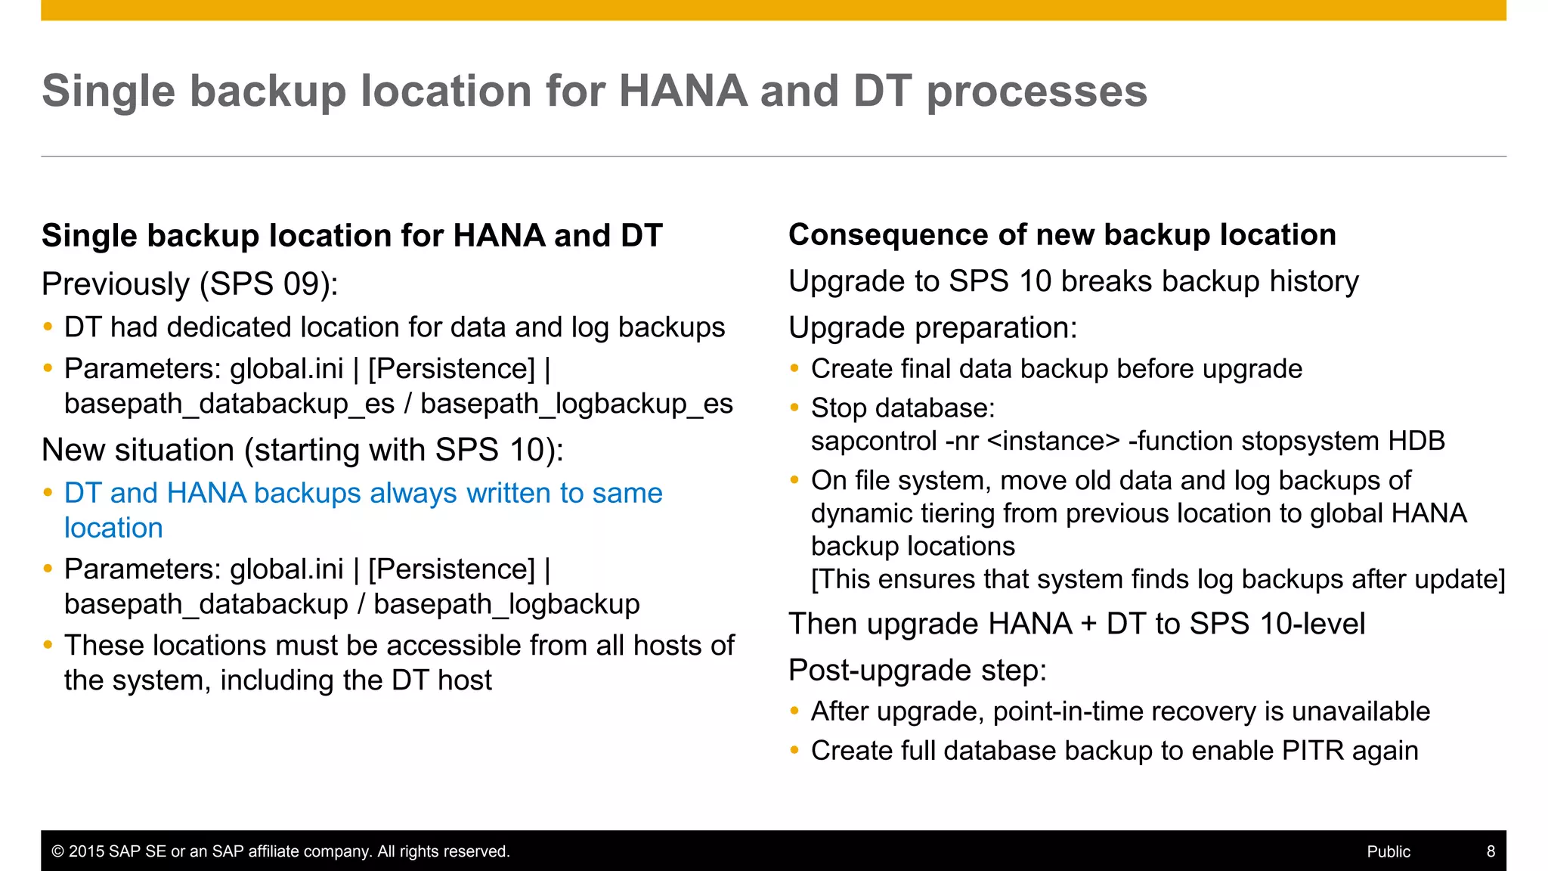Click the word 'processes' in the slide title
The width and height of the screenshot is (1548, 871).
(x=1036, y=92)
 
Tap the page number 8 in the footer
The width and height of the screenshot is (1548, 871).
(x=1491, y=851)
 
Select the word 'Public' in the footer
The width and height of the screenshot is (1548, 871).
(x=1389, y=851)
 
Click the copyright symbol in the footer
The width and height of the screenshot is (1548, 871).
(x=57, y=851)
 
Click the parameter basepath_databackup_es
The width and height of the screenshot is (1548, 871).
(x=229, y=404)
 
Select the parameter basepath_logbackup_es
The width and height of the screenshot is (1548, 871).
(x=576, y=404)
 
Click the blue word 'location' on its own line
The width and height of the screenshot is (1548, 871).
(x=113, y=528)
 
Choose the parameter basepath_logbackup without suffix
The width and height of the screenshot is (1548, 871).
(x=506, y=604)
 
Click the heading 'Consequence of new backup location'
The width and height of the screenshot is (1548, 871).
(x=1062, y=234)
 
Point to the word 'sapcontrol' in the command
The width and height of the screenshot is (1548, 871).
(x=874, y=441)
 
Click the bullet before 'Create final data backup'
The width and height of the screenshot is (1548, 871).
(x=794, y=369)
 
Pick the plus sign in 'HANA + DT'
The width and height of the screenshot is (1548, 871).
(x=1088, y=625)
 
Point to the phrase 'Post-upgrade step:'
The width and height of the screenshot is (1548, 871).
(x=918, y=671)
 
